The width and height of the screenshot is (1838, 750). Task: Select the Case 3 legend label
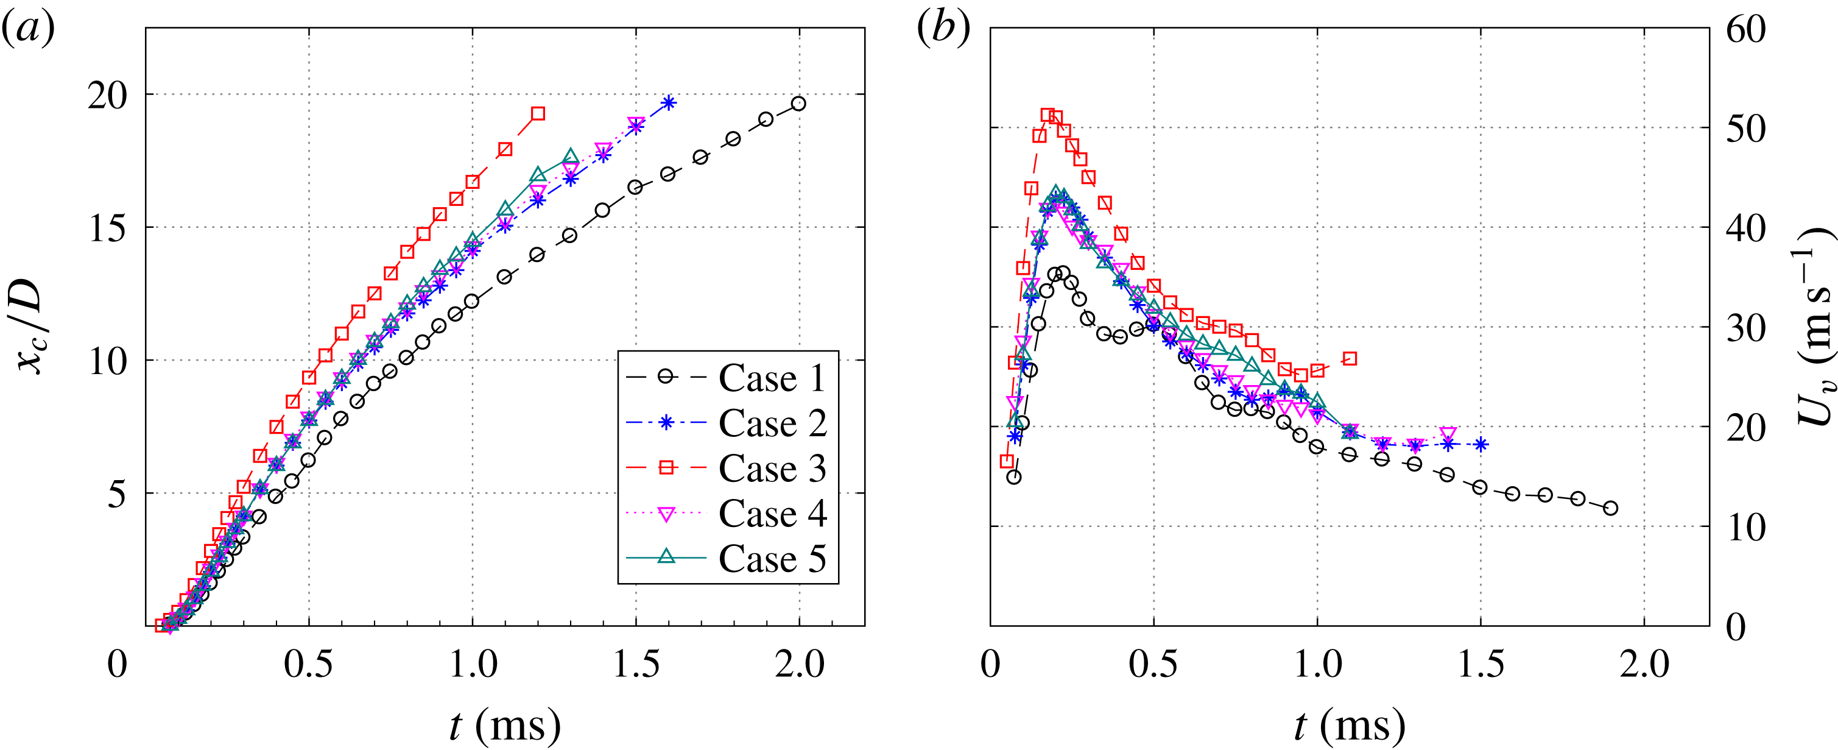772,468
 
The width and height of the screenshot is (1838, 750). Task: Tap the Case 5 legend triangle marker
666,557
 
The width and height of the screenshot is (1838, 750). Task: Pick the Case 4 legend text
772,513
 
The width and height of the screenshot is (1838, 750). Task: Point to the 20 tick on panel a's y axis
107,95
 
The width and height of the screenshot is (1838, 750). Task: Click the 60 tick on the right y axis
1745,30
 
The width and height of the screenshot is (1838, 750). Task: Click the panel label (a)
29,30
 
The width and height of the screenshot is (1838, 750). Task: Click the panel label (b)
943,30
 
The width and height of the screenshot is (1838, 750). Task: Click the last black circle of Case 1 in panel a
798,104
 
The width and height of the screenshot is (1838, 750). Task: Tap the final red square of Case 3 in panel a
538,113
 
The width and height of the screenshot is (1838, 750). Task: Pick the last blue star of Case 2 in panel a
668,103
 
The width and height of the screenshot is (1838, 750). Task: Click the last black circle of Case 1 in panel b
1610,508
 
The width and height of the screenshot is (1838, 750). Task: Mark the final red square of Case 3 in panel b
1349,359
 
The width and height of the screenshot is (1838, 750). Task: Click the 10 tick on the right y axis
1745,528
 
